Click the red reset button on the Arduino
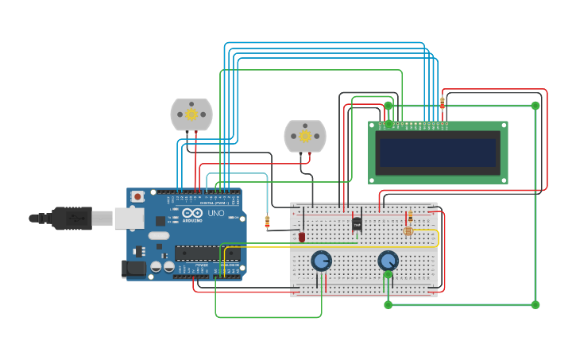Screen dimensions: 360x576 click(x=137, y=195)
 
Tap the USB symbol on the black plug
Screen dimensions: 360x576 click(x=72, y=217)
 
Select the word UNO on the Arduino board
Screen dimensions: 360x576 click(x=215, y=213)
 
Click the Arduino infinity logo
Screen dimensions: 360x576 click(x=192, y=213)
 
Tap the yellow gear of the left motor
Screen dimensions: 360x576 click(x=191, y=114)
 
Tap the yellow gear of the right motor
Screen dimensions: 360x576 click(x=305, y=136)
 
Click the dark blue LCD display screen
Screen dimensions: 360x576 click(x=438, y=153)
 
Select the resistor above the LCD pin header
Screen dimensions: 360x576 click(x=443, y=103)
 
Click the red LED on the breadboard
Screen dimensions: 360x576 click(x=302, y=236)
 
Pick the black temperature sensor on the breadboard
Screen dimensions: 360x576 click(x=357, y=224)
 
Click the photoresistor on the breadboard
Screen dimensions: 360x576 click(x=408, y=231)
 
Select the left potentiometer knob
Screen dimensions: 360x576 click(x=321, y=261)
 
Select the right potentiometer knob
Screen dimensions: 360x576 click(x=388, y=261)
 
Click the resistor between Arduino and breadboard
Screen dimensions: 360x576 click(x=267, y=222)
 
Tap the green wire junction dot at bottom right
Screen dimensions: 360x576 click(x=535, y=304)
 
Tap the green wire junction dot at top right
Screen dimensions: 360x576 click(x=535, y=105)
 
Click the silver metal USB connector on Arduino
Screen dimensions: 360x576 click(x=129, y=218)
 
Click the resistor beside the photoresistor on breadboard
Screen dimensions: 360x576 click(x=410, y=216)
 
